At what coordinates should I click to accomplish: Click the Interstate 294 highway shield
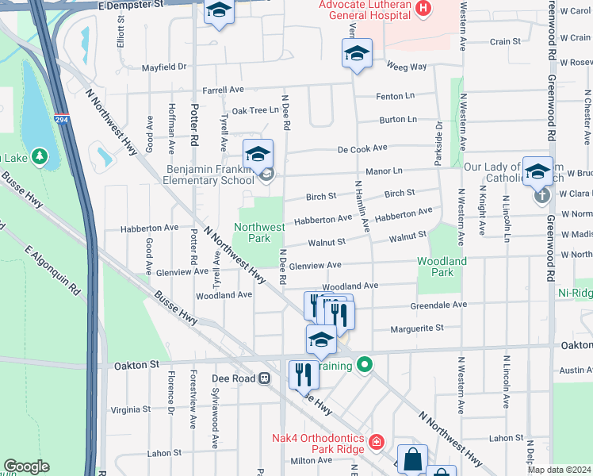(60, 120)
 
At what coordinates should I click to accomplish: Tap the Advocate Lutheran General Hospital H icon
(424, 10)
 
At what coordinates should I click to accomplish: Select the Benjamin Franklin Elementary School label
(210, 175)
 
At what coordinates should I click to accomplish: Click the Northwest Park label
(259, 232)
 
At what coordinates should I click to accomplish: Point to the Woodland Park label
(442, 267)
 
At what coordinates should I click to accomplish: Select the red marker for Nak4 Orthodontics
(377, 441)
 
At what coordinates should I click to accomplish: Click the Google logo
(26, 466)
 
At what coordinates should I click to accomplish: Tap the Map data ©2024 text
(558, 470)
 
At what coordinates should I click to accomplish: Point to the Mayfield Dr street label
(163, 67)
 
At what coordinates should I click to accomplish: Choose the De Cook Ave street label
(362, 148)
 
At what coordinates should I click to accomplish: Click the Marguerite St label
(416, 328)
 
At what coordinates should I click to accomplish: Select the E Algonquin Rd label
(53, 271)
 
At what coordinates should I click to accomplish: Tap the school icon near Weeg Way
(357, 55)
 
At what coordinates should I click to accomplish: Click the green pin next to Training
(364, 365)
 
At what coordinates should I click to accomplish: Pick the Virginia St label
(130, 410)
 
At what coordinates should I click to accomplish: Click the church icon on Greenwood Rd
(541, 194)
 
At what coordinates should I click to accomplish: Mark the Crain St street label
(505, 41)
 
